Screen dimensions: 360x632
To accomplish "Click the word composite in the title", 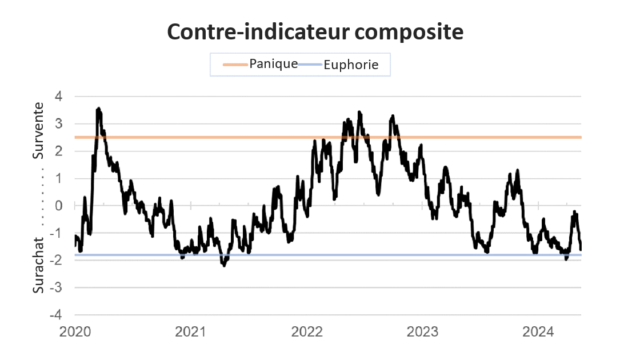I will (x=403, y=33).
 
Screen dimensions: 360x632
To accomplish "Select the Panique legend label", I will (x=273, y=63).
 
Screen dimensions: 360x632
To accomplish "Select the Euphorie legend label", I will (x=351, y=65).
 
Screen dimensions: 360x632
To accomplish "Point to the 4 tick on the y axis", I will (x=66, y=97).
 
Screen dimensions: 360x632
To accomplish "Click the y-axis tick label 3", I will (x=66, y=124).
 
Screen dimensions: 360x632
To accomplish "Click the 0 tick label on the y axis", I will (x=66, y=206).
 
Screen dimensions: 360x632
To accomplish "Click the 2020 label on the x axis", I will (x=75, y=331).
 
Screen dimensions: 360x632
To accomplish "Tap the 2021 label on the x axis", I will (x=191, y=331).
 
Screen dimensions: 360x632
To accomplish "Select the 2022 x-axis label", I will (x=307, y=331).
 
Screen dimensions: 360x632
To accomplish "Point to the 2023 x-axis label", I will (x=422, y=331).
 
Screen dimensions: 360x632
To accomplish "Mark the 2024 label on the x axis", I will (x=538, y=331).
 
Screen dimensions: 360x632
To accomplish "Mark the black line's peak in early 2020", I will (x=99, y=108).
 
